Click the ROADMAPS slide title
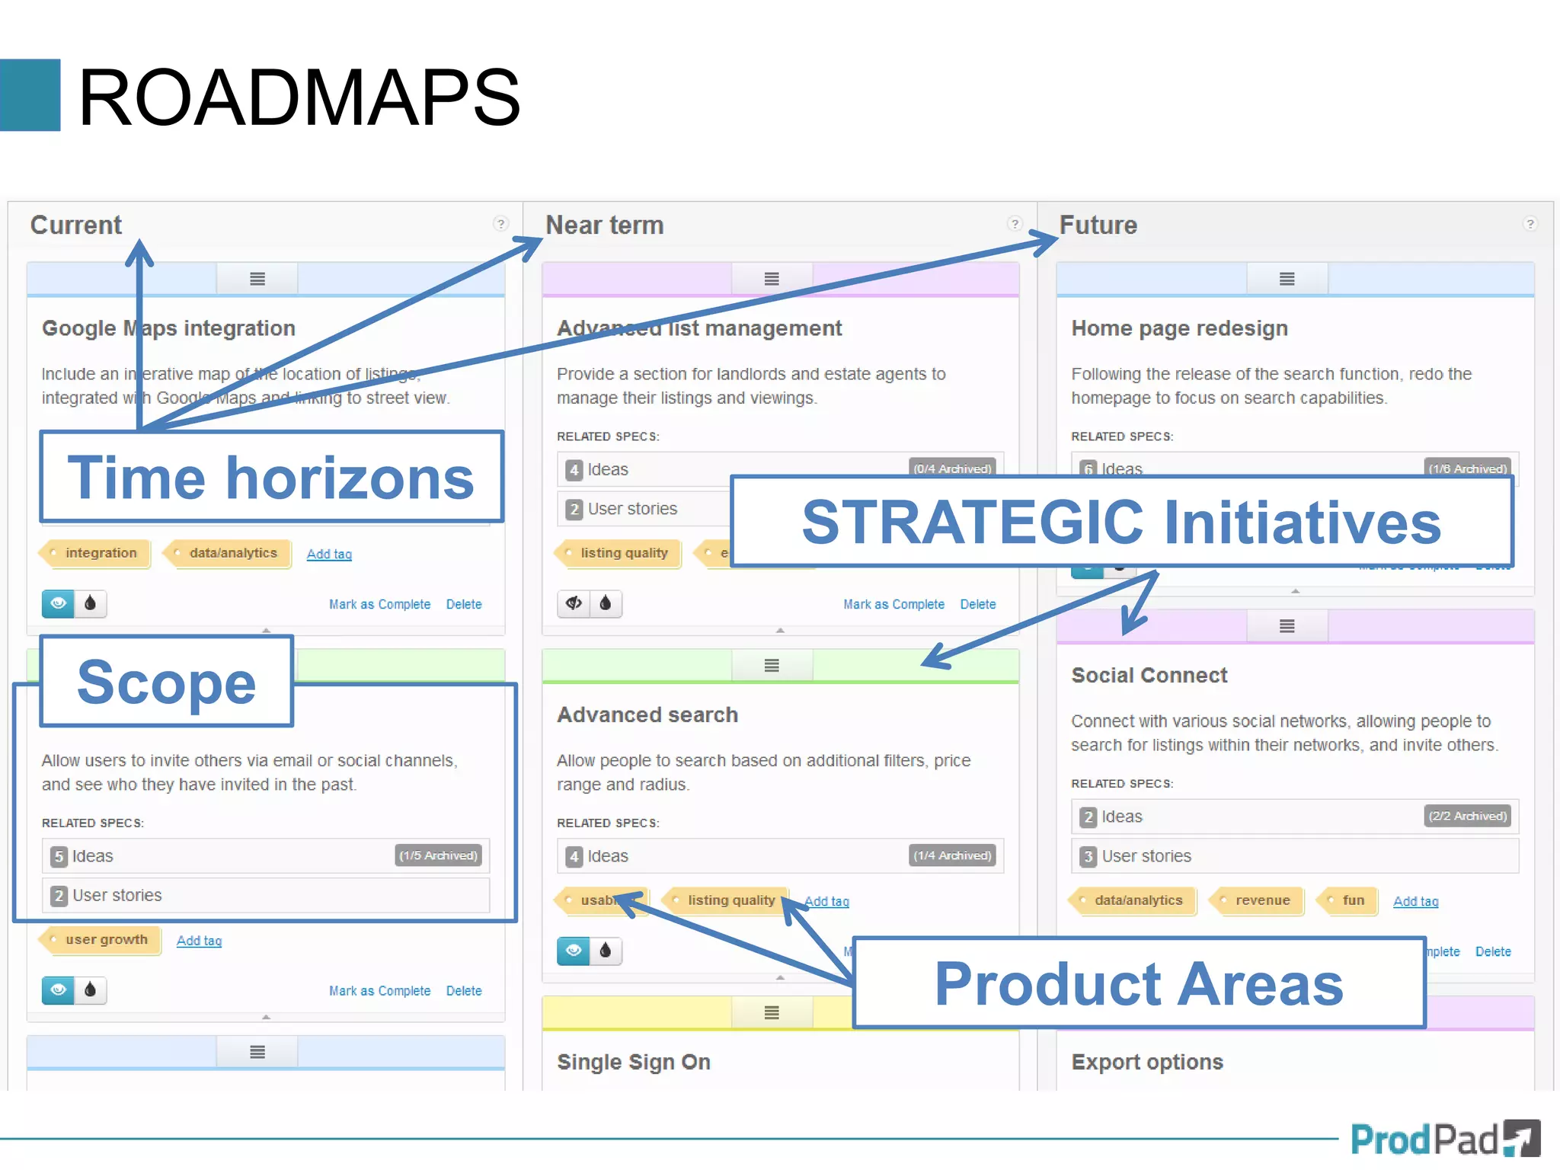click(x=299, y=97)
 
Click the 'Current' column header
click(x=75, y=225)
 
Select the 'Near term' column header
click(x=604, y=225)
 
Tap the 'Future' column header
click(x=1098, y=225)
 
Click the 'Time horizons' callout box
click(x=271, y=478)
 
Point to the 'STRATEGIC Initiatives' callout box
click(x=1120, y=523)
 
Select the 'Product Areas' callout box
click(x=1138, y=983)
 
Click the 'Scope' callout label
click(x=166, y=682)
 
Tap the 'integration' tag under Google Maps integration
click(x=100, y=553)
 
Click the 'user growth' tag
click(x=106, y=940)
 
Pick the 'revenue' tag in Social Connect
click(x=1261, y=900)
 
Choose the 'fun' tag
click(x=1352, y=900)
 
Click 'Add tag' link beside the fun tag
click(x=1415, y=902)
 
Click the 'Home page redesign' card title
click(x=1179, y=328)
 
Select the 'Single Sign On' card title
click(x=633, y=1062)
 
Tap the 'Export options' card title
click(x=1146, y=1062)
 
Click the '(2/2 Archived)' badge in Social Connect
click(x=1467, y=817)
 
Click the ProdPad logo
click(x=1444, y=1140)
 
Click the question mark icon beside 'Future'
click(x=1530, y=224)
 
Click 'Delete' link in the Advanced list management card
click(x=977, y=605)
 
